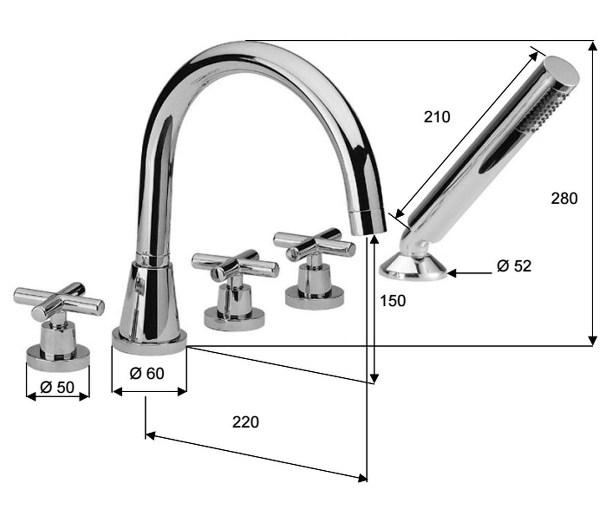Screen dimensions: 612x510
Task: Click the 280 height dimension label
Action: [x=564, y=198]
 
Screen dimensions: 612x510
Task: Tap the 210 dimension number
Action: [x=437, y=117]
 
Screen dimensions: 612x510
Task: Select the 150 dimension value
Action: [x=393, y=301]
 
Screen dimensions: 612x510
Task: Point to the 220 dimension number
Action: [x=246, y=422]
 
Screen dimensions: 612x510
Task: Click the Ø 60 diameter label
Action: [x=147, y=373]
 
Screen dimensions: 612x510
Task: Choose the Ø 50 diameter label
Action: [x=58, y=388]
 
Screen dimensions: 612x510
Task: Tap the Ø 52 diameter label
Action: [x=514, y=266]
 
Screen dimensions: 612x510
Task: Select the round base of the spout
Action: [x=149, y=342]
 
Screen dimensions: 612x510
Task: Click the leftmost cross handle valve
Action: [x=59, y=325]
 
